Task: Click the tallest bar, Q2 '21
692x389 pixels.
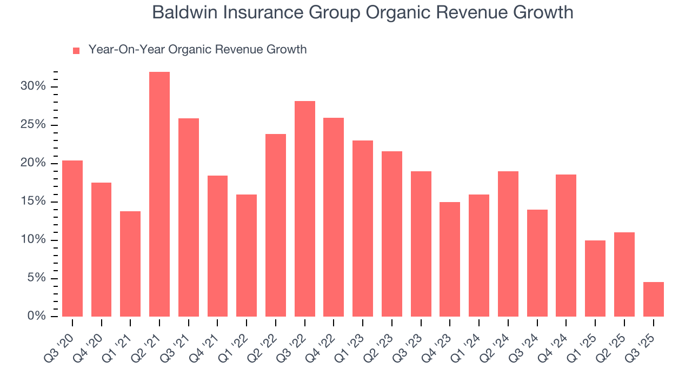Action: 159,194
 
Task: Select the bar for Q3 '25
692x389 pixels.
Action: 654,299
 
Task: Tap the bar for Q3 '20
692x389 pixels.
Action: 72,238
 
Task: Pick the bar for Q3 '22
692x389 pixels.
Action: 305,209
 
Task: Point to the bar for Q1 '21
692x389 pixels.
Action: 130,264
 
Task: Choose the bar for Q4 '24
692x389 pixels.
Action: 566,245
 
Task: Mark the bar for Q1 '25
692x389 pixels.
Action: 595,278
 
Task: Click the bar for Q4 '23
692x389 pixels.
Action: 450,259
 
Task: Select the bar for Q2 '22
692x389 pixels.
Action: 276,225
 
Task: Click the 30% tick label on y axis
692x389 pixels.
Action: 34,87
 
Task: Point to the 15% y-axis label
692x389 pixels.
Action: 34,202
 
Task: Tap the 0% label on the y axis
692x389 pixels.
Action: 36,317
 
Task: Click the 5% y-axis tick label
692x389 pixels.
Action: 36,278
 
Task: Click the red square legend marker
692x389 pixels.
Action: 76,50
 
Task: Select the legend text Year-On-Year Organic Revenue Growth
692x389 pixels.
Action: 197,50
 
